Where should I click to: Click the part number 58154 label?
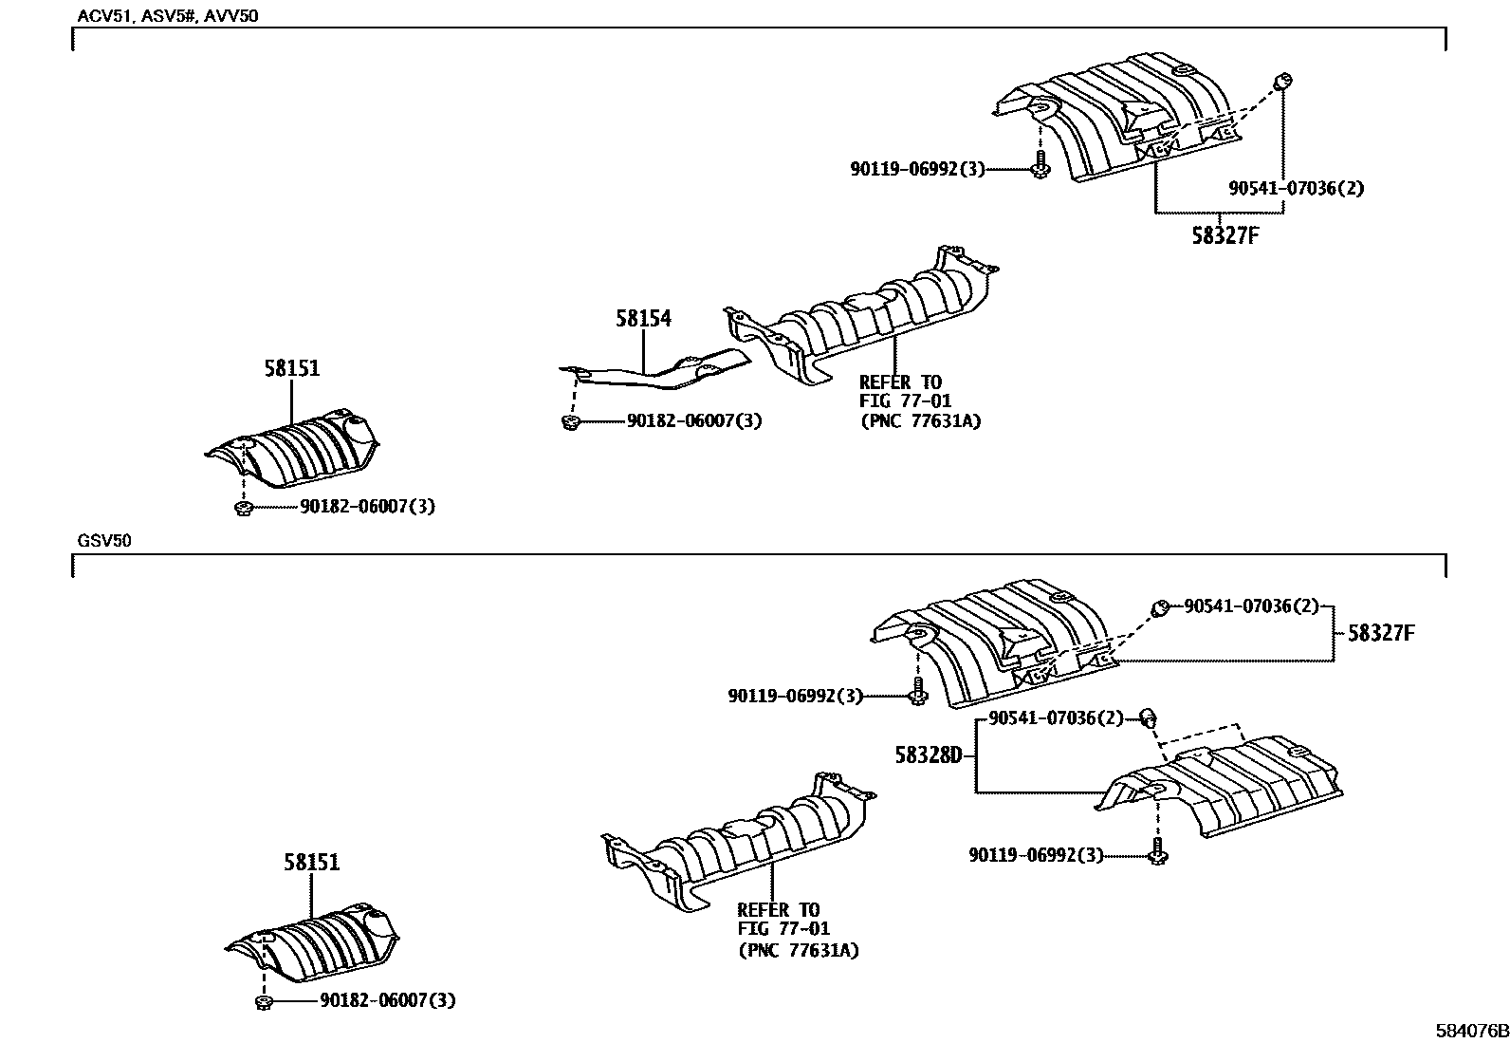[x=642, y=319]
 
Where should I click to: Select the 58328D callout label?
[x=928, y=755]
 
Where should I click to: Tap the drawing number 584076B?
[x=1469, y=1031]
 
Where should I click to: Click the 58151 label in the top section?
[x=291, y=369]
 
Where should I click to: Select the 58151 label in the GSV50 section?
[x=311, y=863]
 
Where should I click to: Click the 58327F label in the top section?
[x=1225, y=236]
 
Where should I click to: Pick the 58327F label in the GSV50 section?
[x=1380, y=633]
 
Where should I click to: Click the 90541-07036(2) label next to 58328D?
[x=1055, y=718]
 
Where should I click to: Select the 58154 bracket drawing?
[x=664, y=372]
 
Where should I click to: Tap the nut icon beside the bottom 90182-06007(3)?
[x=265, y=1001]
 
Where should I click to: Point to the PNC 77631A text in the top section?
[x=919, y=421]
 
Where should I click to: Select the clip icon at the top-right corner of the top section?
[x=1281, y=82]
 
